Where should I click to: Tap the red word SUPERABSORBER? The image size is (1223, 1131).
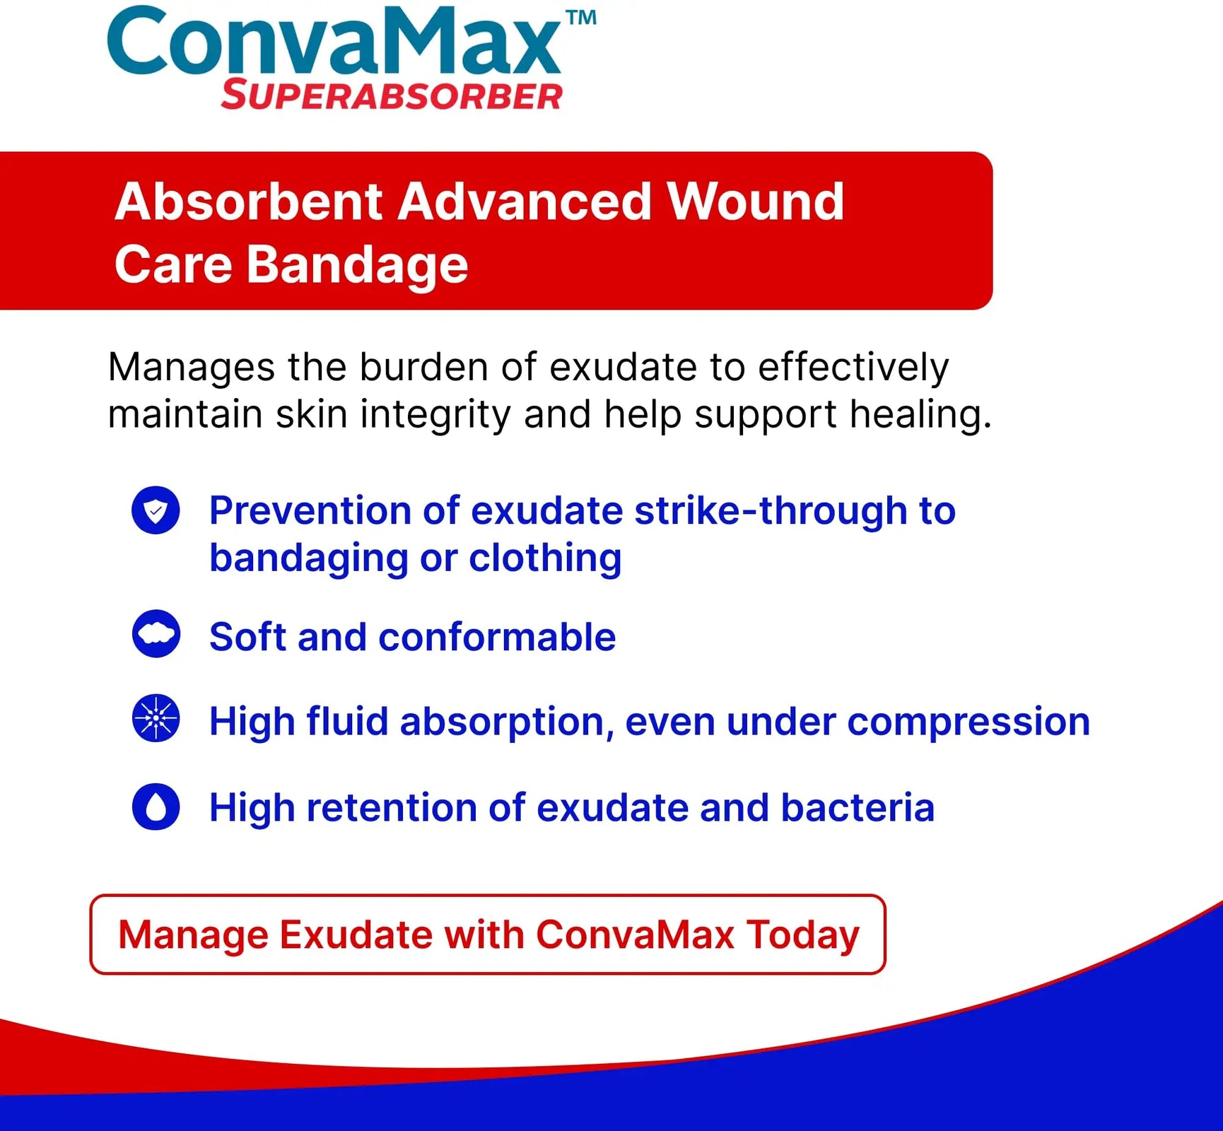(392, 95)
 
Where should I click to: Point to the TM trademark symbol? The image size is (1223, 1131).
(581, 18)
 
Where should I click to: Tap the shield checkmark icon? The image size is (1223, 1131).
(156, 510)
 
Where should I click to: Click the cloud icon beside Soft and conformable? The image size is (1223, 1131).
(156, 633)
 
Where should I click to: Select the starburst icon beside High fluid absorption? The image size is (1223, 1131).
(156, 718)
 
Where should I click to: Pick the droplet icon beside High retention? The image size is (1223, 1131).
(156, 807)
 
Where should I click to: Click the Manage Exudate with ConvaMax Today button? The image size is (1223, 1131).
(488, 934)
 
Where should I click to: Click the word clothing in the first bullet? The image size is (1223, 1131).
(545, 558)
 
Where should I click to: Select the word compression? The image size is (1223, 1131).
(969, 722)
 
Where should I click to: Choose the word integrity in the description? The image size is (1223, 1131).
(435, 415)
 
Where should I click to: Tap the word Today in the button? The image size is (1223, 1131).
(803, 936)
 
